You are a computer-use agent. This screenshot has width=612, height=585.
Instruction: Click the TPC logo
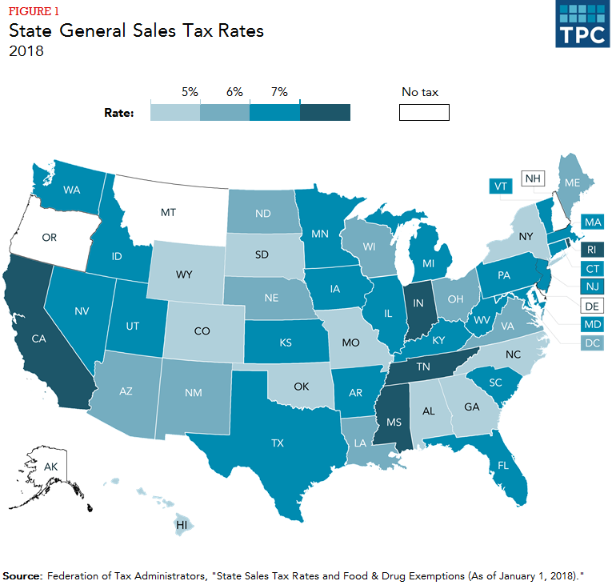(582, 24)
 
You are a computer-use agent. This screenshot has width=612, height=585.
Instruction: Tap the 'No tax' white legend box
(424, 112)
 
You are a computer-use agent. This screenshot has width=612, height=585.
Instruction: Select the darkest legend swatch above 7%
(326, 112)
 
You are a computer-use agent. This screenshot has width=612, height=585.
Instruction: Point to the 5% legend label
(190, 92)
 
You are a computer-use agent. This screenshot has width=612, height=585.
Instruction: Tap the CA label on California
(38, 339)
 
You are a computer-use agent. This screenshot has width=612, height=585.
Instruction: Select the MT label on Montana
(168, 214)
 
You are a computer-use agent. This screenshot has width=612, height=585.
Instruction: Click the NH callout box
(531, 178)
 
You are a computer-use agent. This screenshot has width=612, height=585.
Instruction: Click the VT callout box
(501, 186)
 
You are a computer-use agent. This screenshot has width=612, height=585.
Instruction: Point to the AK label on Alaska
(50, 466)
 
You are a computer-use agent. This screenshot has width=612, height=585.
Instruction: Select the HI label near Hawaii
(183, 525)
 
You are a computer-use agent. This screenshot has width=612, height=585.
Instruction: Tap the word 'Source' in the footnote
(23, 575)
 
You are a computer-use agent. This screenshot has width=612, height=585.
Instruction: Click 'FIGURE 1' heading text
(34, 10)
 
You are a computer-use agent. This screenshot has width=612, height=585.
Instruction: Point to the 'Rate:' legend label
(119, 113)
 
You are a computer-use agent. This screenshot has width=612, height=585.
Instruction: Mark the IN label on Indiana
(417, 303)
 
